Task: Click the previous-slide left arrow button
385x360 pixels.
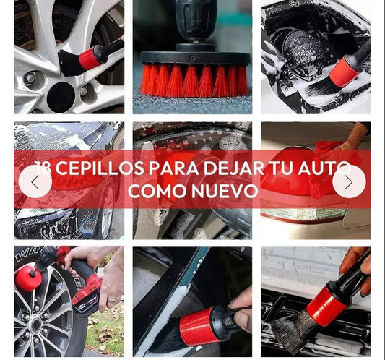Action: (x=35, y=181)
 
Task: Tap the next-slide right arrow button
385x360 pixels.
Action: (x=349, y=181)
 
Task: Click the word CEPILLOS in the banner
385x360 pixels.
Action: (x=100, y=168)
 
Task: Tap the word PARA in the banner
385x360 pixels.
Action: (x=174, y=168)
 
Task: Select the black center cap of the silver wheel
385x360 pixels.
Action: (x=61, y=96)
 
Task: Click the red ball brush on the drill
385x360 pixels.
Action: (x=25, y=278)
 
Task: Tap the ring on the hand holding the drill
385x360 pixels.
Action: (x=111, y=300)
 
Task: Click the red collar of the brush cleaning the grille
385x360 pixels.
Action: (x=326, y=305)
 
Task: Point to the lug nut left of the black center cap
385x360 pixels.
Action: (x=31, y=78)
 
